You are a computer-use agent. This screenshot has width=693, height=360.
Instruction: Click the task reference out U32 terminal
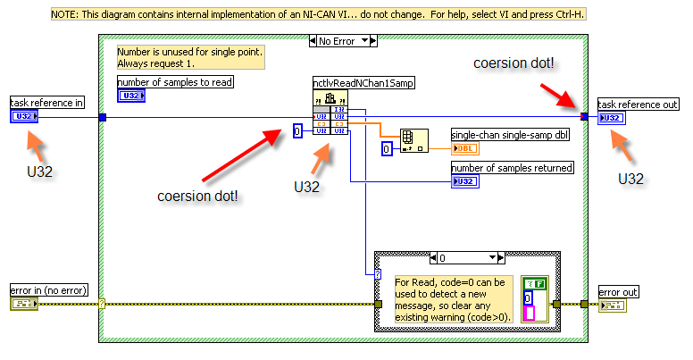pyautogui.click(x=612, y=117)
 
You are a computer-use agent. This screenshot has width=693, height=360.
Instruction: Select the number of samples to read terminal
pyautogui.click(x=130, y=95)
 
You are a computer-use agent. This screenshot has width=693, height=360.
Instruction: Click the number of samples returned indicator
pyautogui.click(x=465, y=180)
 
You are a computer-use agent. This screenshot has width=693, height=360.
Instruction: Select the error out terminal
pyautogui.click(x=612, y=306)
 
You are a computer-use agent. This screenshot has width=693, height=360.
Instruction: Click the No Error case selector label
pyautogui.click(x=342, y=40)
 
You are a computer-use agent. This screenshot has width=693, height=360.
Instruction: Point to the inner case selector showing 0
pyautogui.click(x=463, y=257)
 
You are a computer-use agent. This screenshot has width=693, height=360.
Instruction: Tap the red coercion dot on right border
pyautogui.click(x=585, y=117)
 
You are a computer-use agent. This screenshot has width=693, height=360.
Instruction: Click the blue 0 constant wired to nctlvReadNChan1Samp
pyautogui.click(x=298, y=131)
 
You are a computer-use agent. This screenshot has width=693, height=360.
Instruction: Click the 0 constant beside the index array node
pyautogui.click(x=387, y=147)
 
